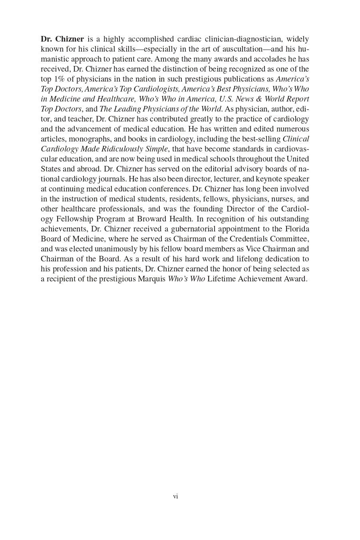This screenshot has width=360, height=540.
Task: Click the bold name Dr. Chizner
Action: click(62, 39)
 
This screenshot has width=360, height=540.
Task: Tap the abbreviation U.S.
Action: click(226, 99)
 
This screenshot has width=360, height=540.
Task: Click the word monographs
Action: click(86, 139)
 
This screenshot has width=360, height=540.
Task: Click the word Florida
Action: click(297, 229)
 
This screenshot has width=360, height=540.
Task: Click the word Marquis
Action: click(151, 279)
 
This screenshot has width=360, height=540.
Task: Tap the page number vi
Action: click(175, 496)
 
